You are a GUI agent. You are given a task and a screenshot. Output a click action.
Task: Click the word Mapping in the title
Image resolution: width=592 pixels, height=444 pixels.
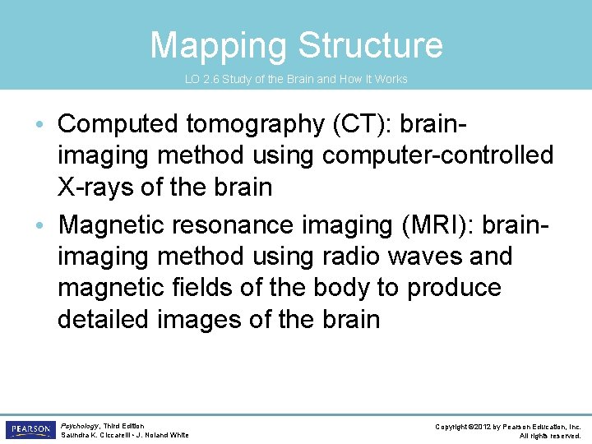218,46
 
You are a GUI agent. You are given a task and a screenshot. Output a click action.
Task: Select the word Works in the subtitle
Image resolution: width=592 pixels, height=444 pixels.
392,80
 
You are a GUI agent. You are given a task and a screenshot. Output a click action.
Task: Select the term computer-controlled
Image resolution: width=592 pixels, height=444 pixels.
437,155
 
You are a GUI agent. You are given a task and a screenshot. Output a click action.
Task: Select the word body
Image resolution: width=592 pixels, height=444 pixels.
328,287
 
